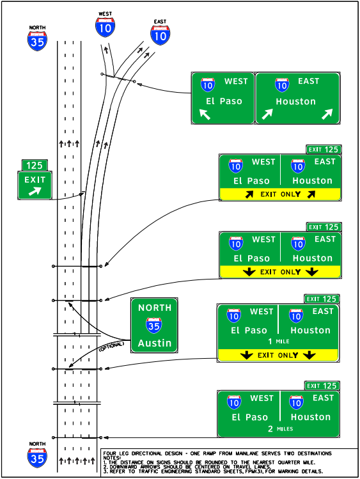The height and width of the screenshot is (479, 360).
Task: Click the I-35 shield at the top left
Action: click(x=36, y=40)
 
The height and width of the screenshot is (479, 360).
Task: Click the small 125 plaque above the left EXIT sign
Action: click(x=35, y=165)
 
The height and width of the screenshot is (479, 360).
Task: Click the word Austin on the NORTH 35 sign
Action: click(x=155, y=343)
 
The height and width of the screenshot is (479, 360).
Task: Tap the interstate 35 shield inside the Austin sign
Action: click(x=154, y=326)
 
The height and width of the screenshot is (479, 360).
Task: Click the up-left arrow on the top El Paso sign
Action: click(x=205, y=114)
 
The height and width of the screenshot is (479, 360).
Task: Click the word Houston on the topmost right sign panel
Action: click(x=295, y=101)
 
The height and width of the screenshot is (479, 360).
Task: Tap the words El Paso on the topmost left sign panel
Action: click(x=224, y=101)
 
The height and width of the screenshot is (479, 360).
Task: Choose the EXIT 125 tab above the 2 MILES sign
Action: click(x=322, y=386)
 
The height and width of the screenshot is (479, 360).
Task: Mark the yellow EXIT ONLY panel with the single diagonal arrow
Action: click(x=280, y=194)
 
